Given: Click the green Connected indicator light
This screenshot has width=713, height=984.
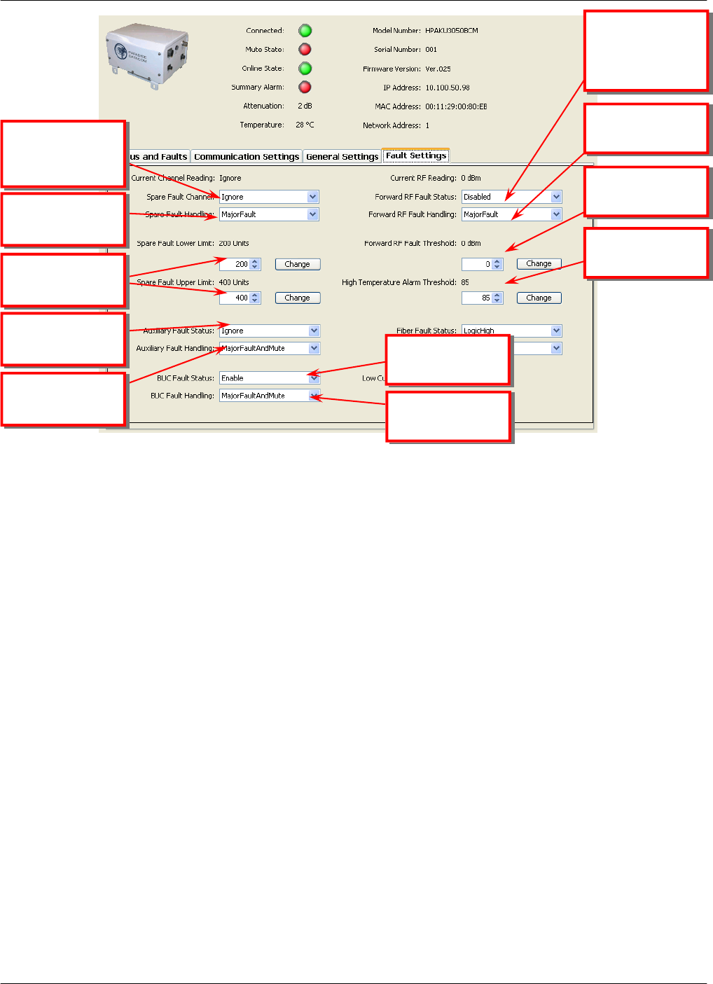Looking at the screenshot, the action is coord(305,31).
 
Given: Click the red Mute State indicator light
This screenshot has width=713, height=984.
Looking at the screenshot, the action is coord(305,50).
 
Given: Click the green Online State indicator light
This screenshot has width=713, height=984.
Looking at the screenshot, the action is coord(305,69).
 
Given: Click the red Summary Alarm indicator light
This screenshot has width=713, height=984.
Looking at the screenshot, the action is coord(305,88).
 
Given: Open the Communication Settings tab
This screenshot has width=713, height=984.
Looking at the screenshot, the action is coord(247,157).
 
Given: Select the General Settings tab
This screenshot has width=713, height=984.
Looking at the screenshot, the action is coord(342,157).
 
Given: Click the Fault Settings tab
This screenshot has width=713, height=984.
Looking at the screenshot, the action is coord(416,156).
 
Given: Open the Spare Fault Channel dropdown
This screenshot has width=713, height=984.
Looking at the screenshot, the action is coord(312,197).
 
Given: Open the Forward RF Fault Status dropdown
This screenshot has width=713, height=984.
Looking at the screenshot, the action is coord(556,197).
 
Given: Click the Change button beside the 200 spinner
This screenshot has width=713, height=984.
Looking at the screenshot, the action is coord(297,264).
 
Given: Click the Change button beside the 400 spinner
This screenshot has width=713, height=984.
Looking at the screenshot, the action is coord(297,298).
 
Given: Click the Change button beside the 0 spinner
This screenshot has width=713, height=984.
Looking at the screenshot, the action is coord(539,264).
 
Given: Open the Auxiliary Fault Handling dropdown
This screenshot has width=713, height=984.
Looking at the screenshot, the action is coord(314,348).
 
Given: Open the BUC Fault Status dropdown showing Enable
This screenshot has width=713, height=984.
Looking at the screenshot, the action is coord(314,378).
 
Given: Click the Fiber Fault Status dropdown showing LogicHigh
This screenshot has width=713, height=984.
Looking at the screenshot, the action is coord(556,331).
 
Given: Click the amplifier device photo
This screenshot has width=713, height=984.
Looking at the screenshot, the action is coord(148,56).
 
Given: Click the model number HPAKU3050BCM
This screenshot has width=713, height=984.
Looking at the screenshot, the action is coord(452,31).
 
